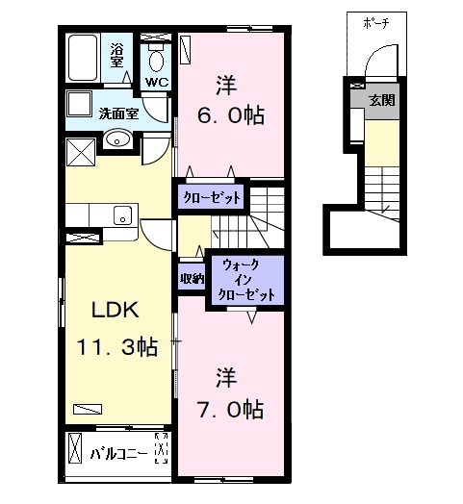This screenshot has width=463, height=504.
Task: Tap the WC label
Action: pos(157,82)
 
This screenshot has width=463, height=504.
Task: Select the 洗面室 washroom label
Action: pos(118,113)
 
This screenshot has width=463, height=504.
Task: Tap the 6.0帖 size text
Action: pos(229,114)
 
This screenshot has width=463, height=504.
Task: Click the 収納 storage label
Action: pos(191,279)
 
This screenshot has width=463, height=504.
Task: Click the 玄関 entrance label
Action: pos(384,101)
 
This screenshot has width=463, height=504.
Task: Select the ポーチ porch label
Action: pos(376,23)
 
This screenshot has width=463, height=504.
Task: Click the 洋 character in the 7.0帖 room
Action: pos(224,373)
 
